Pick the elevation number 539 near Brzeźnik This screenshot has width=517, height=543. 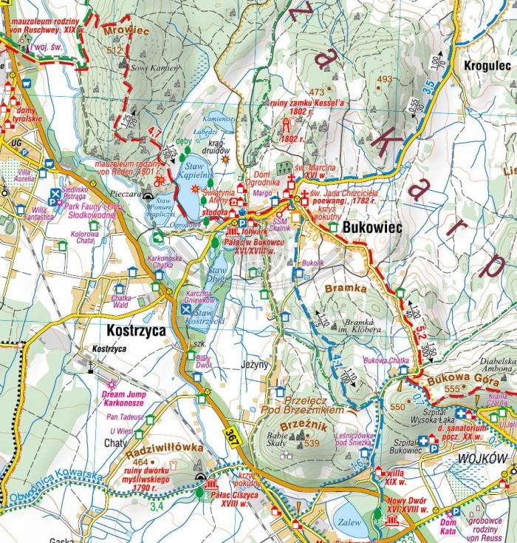[313, 443]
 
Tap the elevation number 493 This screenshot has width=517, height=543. [384, 79]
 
